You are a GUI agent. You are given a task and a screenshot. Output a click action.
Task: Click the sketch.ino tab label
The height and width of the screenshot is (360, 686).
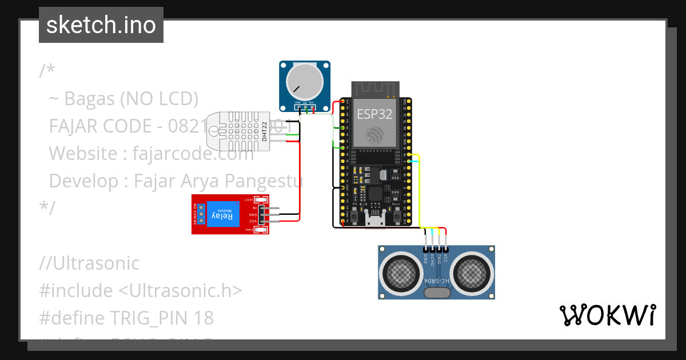101,25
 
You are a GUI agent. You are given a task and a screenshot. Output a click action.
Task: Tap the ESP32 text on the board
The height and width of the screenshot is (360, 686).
374,114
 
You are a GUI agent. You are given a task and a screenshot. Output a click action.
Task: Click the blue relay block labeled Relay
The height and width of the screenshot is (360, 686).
223,215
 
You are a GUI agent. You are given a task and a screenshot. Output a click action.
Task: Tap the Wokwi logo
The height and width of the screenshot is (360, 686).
607,315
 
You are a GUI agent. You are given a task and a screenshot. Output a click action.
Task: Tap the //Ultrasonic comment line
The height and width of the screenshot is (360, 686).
89,263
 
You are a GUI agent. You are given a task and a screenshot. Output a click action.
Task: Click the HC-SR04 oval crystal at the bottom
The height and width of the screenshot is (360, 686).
437,293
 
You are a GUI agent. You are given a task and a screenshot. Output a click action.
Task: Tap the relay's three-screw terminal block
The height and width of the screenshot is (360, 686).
196,214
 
